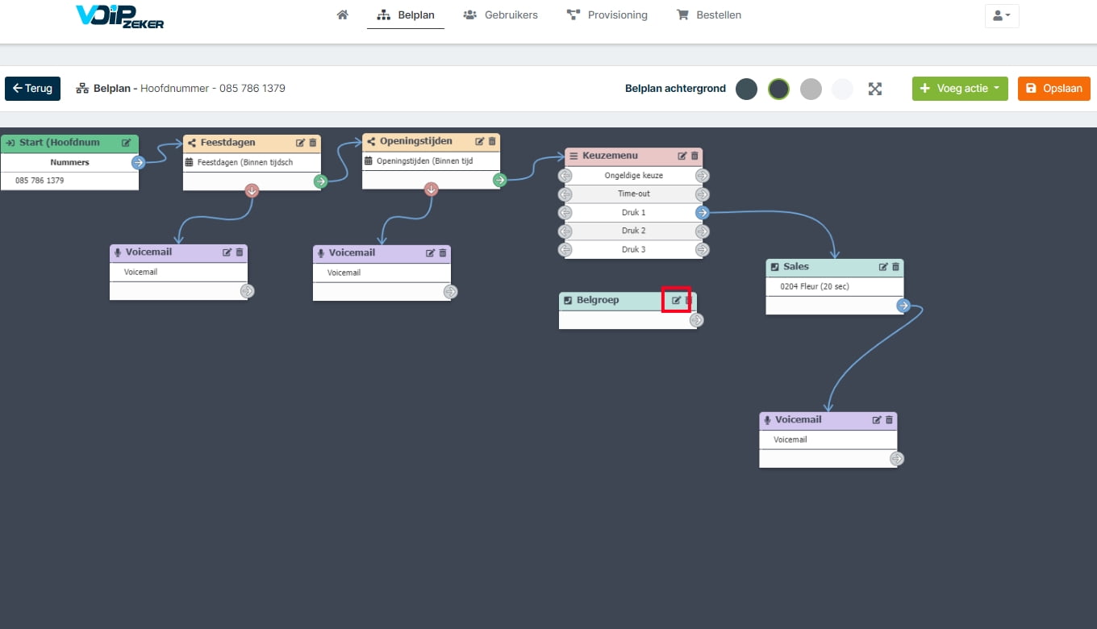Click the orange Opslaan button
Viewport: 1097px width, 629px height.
(x=1054, y=89)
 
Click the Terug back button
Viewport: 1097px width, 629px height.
(x=33, y=89)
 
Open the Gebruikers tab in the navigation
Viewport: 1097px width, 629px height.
(x=500, y=15)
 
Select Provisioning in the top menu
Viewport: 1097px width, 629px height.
(x=607, y=15)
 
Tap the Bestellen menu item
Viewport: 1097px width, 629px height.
(x=709, y=15)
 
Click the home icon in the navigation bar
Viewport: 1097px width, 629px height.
(x=343, y=15)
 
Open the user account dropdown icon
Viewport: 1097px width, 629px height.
(x=1002, y=15)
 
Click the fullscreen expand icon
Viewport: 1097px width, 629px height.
(x=875, y=89)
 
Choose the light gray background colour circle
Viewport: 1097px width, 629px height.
(x=811, y=89)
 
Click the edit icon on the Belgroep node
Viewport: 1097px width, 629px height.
(x=676, y=300)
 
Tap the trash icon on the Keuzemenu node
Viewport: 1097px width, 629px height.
(x=694, y=156)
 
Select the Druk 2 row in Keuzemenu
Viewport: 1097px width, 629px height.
(x=634, y=231)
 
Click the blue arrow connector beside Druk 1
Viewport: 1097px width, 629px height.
(x=703, y=212)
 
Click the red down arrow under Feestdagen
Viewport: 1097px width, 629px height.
(x=252, y=190)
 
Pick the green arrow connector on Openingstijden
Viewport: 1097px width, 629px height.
(x=499, y=180)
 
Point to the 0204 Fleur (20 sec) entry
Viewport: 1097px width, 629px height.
(x=815, y=286)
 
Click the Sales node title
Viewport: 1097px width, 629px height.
(x=796, y=267)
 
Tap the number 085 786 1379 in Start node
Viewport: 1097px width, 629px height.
(x=40, y=181)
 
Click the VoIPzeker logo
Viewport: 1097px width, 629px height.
(x=120, y=17)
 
